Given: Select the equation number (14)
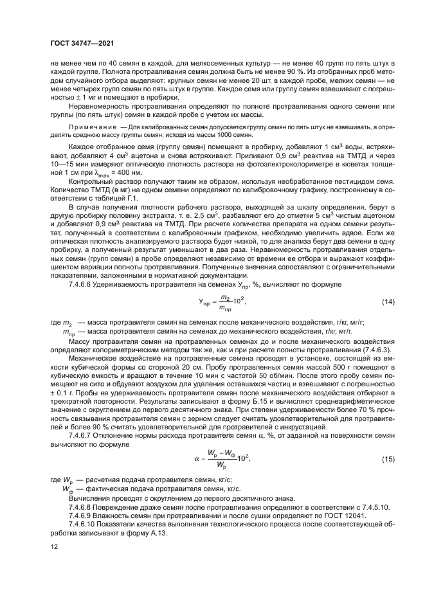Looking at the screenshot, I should pos(388,301).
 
